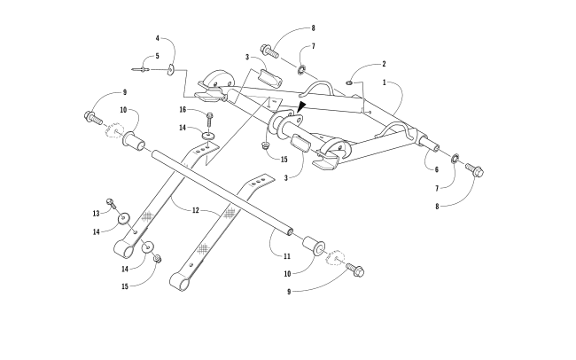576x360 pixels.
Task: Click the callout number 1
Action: pyautogui.click(x=384, y=82)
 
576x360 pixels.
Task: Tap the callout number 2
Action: pyautogui.click(x=384, y=64)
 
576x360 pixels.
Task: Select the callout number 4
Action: pyautogui.click(x=158, y=39)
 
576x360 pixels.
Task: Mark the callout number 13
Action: pyautogui.click(x=97, y=214)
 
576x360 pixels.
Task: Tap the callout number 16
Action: pyautogui.click(x=183, y=110)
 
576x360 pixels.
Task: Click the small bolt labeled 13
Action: pyautogui.click(x=111, y=202)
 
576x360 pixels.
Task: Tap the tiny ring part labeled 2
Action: pyautogui.click(x=351, y=82)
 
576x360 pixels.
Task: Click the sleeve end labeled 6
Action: pyautogui.click(x=427, y=145)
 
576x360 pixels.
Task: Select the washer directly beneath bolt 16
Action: pyautogui.click(x=207, y=135)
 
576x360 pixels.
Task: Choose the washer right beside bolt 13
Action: pyautogui.click(x=123, y=217)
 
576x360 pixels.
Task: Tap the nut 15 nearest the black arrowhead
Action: pyautogui.click(x=265, y=145)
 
